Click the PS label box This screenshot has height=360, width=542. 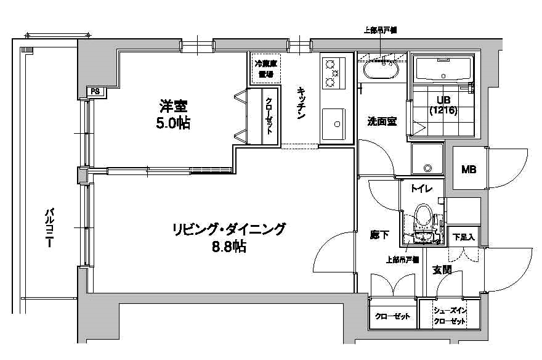click(95, 92)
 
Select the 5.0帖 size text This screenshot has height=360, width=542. click(173, 123)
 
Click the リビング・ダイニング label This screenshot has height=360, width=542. click(229, 230)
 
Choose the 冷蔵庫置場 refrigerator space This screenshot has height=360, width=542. click(265, 68)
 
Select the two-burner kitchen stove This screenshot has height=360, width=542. click(333, 73)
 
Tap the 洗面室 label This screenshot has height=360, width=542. click(382, 121)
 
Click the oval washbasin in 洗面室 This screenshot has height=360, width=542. click(379, 68)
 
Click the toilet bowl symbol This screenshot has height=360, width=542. click(423, 219)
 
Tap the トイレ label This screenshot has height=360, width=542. click(421, 189)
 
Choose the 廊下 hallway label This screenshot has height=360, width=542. click(379, 234)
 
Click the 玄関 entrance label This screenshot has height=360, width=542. click(442, 269)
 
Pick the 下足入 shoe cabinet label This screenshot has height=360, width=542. click(463, 237)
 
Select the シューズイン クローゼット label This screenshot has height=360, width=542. click(449, 316)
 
